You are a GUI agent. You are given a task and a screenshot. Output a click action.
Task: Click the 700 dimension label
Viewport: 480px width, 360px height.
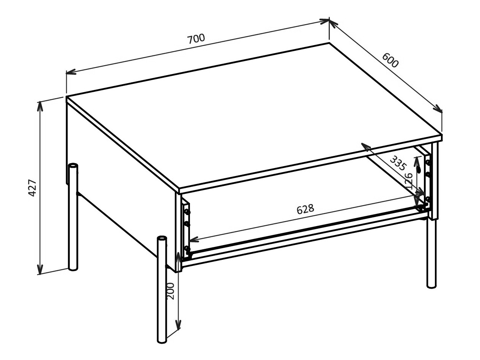(196, 39)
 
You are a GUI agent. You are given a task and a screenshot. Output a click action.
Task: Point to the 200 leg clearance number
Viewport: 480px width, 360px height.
(171, 291)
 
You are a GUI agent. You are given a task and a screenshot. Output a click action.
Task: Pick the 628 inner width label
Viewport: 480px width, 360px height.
(305, 209)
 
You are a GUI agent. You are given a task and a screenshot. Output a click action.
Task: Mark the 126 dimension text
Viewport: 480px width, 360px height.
(409, 181)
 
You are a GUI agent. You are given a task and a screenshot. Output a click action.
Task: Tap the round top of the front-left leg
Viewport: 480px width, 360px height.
(162, 239)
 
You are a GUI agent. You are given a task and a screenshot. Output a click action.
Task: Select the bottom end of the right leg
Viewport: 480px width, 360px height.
(431, 286)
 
